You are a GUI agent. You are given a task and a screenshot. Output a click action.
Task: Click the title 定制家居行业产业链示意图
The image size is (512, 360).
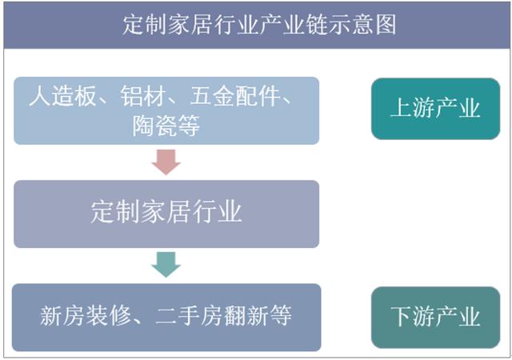click(x=259, y=25)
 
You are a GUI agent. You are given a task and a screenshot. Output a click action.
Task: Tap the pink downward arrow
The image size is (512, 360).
click(x=166, y=162)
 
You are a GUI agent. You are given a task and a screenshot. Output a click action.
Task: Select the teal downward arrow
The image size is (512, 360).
click(x=166, y=265)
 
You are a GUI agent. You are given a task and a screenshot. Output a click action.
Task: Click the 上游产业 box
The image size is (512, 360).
click(x=435, y=109)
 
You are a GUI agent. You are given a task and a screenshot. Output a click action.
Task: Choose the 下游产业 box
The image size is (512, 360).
click(x=435, y=318)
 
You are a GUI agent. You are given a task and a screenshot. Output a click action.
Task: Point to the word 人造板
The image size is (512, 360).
click(x=62, y=96)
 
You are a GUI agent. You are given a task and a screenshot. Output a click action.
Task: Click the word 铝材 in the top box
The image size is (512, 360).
click(x=143, y=96)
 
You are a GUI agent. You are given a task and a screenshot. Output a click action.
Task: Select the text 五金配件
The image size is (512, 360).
click(x=235, y=96)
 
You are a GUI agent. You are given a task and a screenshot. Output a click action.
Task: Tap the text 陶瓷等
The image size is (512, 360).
click(x=166, y=126)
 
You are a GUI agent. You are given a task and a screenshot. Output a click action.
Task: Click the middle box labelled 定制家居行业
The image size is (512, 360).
click(x=166, y=214)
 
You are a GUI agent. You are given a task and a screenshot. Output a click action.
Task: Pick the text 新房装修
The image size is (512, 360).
click(x=86, y=315)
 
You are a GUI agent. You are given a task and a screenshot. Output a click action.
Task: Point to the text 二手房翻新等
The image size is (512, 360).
click(x=224, y=315)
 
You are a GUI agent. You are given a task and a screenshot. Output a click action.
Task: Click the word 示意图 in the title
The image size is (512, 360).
click(x=362, y=25)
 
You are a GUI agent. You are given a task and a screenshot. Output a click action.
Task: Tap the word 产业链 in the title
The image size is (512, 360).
click(x=294, y=25)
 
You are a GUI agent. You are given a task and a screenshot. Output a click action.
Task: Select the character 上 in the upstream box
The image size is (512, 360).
click(x=402, y=108)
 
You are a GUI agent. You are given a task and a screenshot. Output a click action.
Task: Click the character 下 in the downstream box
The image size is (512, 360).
click(x=402, y=316)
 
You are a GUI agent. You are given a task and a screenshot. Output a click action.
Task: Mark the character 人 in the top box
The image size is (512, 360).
click(x=40, y=96)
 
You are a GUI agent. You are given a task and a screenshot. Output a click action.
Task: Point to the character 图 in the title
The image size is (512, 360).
click(x=386, y=25)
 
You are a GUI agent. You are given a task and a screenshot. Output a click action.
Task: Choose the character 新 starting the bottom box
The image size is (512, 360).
click(x=51, y=315)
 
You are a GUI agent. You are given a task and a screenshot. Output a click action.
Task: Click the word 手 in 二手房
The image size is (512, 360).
click(x=190, y=315)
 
